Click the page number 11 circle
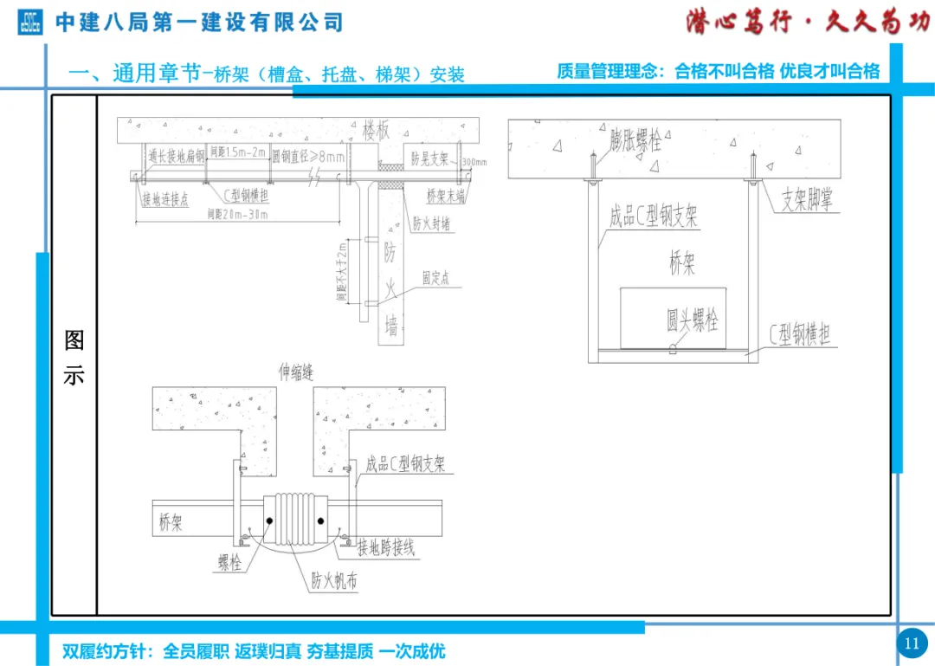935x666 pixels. click(x=911, y=643)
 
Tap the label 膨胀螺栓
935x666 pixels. click(x=641, y=139)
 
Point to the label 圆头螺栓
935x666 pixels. click(x=692, y=321)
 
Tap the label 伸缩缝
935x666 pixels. click(x=295, y=372)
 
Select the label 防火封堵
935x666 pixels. click(x=431, y=223)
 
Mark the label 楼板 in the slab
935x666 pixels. click(x=377, y=132)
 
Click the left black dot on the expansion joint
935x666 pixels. click(x=269, y=521)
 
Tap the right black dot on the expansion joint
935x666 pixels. click(x=320, y=521)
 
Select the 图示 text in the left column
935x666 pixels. click(x=74, y=358)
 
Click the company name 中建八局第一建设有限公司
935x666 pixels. click(x=199, y=23)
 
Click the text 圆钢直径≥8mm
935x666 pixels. click(x=308, y=157)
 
